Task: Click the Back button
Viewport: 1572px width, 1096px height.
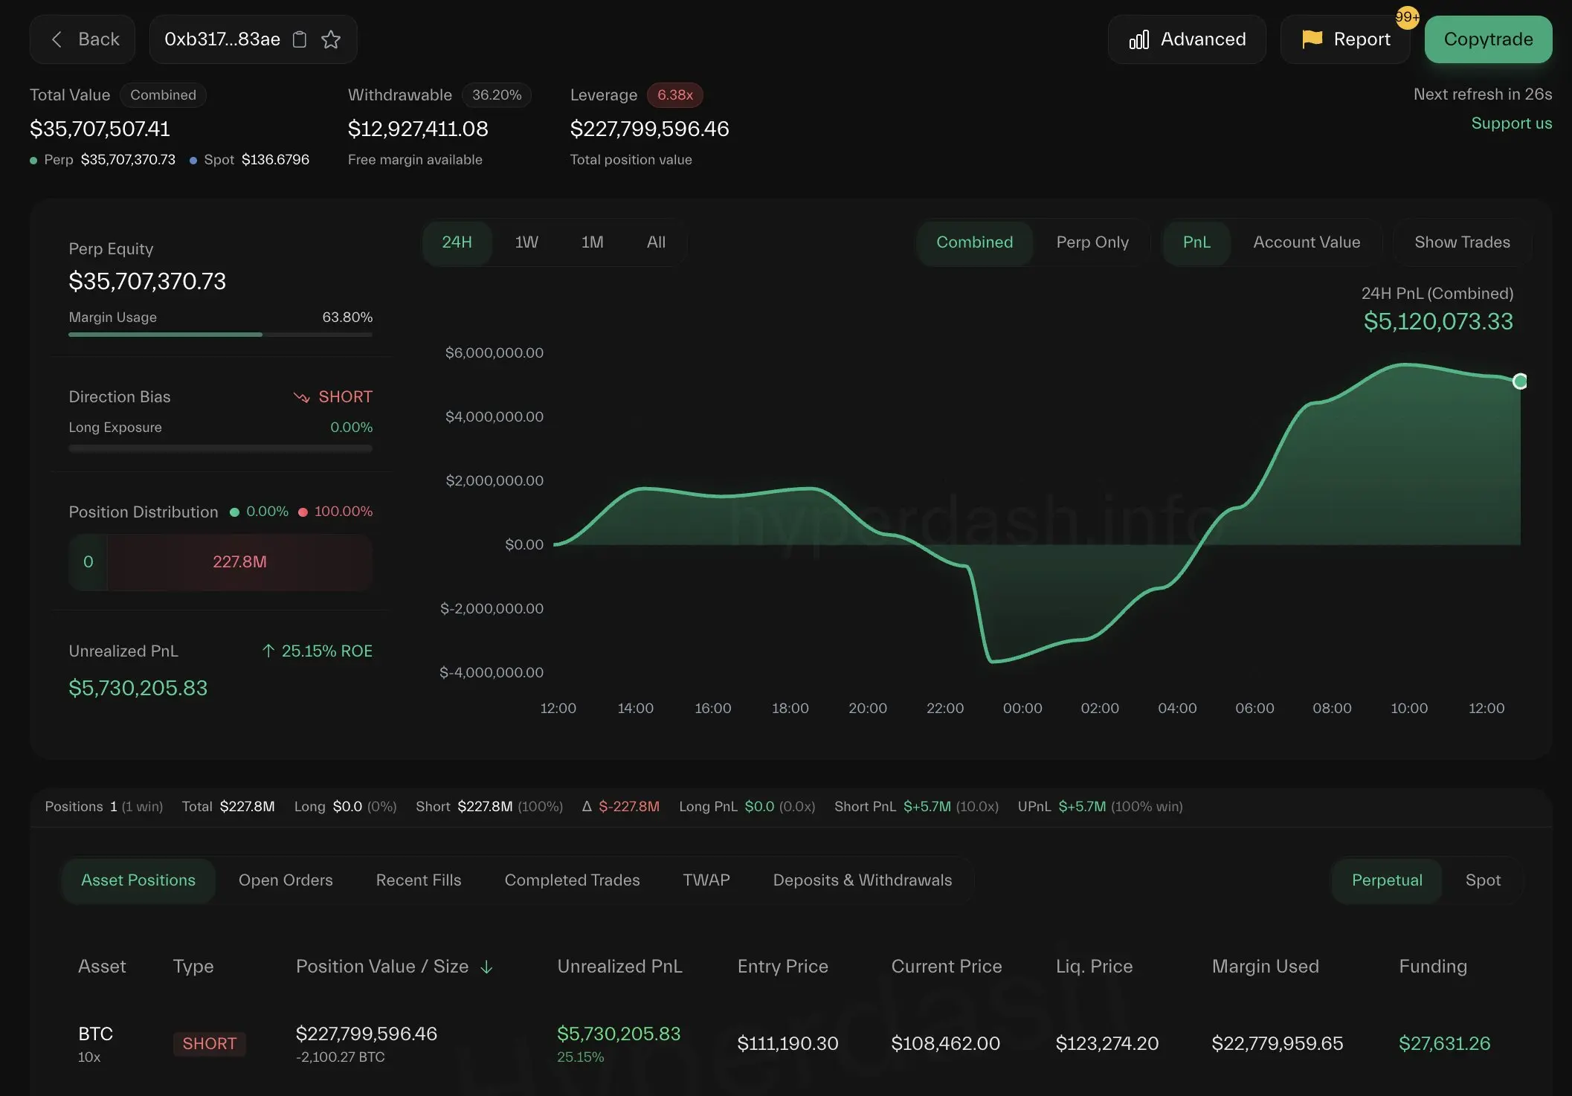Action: click(83, 39)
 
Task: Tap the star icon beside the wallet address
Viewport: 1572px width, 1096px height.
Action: click(331, 39)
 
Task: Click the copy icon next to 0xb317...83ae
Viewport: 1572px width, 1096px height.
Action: click(300, 39)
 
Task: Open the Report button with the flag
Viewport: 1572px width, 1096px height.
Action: click(1345, 39)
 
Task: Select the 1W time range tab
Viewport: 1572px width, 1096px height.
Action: click(526, 242)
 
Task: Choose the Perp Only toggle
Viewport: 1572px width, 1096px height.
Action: click(1092, 242)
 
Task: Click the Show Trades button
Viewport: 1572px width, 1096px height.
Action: click(1462, 242)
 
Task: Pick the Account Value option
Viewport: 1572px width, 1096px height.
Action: click(1307, 242)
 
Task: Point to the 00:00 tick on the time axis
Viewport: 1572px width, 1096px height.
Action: click(1022, 709)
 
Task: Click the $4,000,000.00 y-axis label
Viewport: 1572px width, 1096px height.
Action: click(495, 417)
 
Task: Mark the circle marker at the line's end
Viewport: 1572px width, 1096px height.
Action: click(1520, 381)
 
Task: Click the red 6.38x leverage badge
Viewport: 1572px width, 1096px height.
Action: click(674, 95)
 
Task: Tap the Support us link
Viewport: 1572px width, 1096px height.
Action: click(1511, 123)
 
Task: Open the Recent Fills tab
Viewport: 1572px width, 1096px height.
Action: click(419, 880)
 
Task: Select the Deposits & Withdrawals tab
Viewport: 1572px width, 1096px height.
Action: click(862, 880)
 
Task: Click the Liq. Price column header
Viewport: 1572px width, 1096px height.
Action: click(1094, 967)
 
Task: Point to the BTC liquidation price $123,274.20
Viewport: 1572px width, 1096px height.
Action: click(1106, 1044)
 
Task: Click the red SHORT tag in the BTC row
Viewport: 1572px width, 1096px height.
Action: click(209, 1044)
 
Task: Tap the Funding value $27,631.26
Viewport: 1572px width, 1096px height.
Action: click(1444, 1044)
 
